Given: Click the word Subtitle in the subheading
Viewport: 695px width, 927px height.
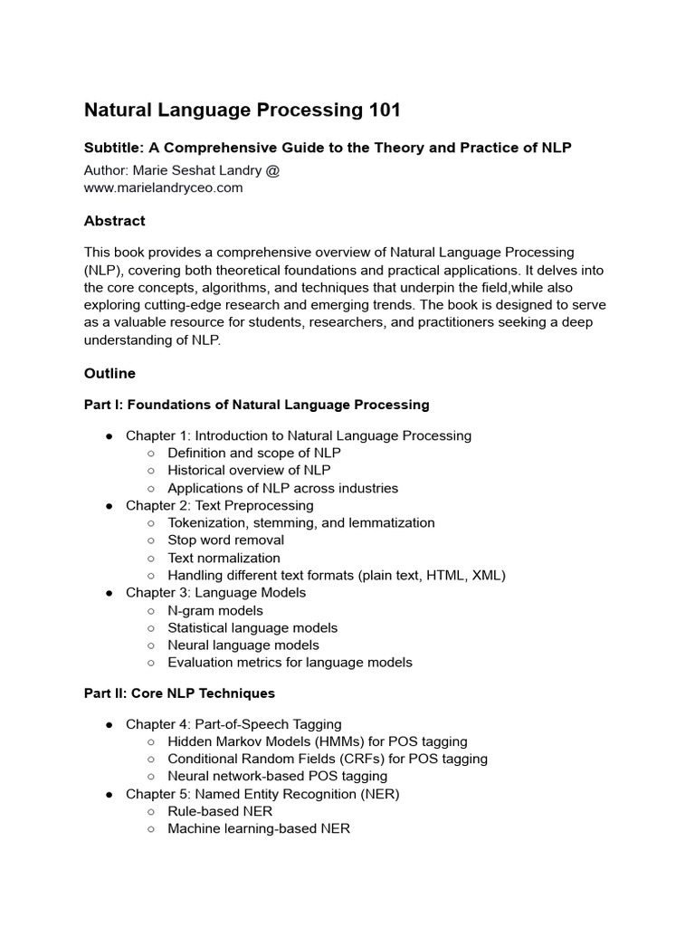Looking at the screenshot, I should coord(114,148).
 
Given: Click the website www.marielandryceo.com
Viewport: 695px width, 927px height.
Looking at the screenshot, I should coord(164,187).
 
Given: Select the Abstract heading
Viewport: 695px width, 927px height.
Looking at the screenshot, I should coord(114,221).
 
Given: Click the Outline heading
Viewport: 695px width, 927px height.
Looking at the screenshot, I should coord(109,373).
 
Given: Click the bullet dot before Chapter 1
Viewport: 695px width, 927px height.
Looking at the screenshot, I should coord(109,436).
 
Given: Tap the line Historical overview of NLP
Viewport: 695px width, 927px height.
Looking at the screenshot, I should coord(249,471).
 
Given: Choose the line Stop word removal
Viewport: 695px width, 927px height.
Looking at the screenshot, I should coord(225,540).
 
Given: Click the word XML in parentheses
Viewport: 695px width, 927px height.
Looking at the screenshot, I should coord(485,575).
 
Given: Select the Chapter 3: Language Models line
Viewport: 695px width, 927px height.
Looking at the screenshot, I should coord(215,592).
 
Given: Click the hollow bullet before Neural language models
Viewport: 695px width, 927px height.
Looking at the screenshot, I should coord(150,645).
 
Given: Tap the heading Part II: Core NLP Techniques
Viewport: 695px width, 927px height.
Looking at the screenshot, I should coord(179,693).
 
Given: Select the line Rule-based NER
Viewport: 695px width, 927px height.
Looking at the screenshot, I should coord(220,811).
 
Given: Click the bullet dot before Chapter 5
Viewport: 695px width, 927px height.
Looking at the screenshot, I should coord(109,794).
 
